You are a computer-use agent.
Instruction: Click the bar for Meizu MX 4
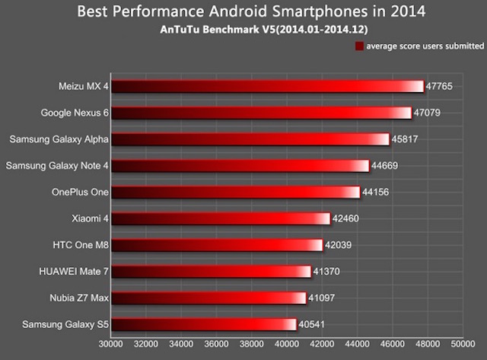click(266, 86)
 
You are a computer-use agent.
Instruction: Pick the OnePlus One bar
click(235, 192)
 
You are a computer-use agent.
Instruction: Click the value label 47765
click(439, 87)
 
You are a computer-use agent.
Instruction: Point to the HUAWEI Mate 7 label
click(73, 271)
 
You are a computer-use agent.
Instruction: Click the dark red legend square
click(358, 46)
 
